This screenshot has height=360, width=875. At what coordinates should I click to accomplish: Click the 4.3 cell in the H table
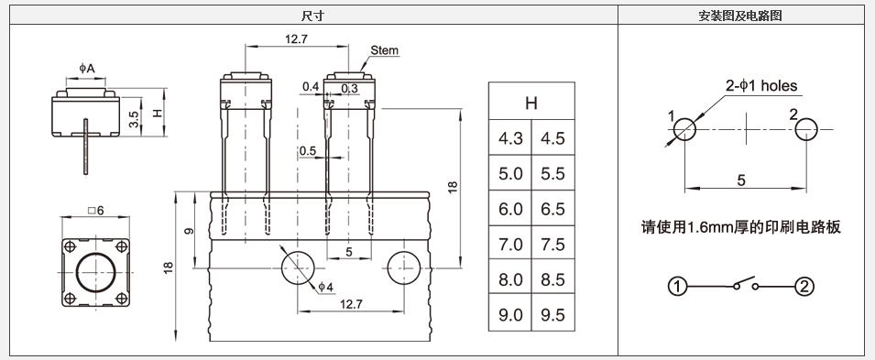tap(510, 137)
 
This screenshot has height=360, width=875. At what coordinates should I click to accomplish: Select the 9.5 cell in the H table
tap(553, 315)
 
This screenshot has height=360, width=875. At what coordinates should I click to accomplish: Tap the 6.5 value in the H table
tap(553, 209)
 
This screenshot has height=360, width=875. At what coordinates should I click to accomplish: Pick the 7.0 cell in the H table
tap(510, 244)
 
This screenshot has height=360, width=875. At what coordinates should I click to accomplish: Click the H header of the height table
tap(531, 103)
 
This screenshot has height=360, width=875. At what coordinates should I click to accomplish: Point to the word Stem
tap(385, 50)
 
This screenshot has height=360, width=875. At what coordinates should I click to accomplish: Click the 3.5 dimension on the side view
tap(134, 118)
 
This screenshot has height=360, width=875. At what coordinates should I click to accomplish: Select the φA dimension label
tap(86, 69)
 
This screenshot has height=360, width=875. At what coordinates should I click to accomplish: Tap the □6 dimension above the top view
tap(96, 210)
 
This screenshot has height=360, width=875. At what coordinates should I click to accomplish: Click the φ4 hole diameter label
tap(326, 287)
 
